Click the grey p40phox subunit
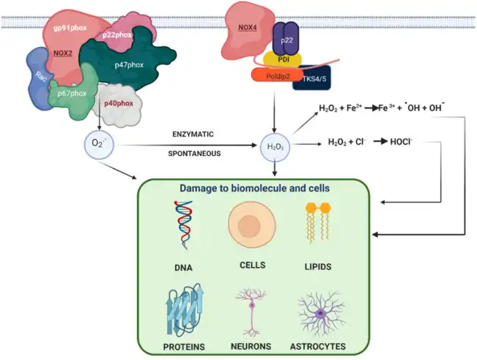(x=118, y=103)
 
